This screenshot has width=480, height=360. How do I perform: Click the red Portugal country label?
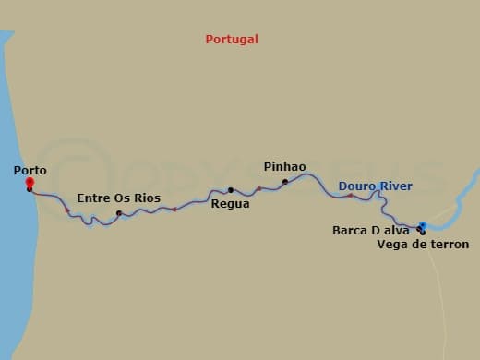(232, 40)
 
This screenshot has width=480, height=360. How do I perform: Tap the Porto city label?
(31, 170)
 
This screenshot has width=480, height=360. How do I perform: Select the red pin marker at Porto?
(30, 183)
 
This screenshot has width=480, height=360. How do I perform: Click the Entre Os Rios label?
(118, 198)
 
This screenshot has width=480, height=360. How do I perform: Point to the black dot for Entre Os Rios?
(119, 214)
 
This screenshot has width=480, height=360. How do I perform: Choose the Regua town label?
(230, 203)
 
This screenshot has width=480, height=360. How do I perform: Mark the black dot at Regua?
(231, 190)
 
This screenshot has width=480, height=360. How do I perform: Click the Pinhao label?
(284, 166)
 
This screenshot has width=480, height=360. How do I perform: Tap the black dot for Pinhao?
(285, 182)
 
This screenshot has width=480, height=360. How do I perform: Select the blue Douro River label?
(375, 186)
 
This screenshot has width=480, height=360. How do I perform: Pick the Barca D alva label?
(370, 231)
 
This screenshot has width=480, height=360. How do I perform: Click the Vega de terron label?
(423, 245)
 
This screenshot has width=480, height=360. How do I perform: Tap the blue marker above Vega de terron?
(423, 224)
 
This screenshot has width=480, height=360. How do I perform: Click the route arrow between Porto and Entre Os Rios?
(67, 211)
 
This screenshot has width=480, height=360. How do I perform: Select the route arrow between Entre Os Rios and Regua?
(174, 210)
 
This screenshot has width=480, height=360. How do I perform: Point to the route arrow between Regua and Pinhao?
(259, 189)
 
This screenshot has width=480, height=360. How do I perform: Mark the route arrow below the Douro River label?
(350, 196)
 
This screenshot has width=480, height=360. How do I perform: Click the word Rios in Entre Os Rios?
(146, 198)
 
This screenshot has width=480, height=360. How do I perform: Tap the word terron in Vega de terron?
(448, 245)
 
